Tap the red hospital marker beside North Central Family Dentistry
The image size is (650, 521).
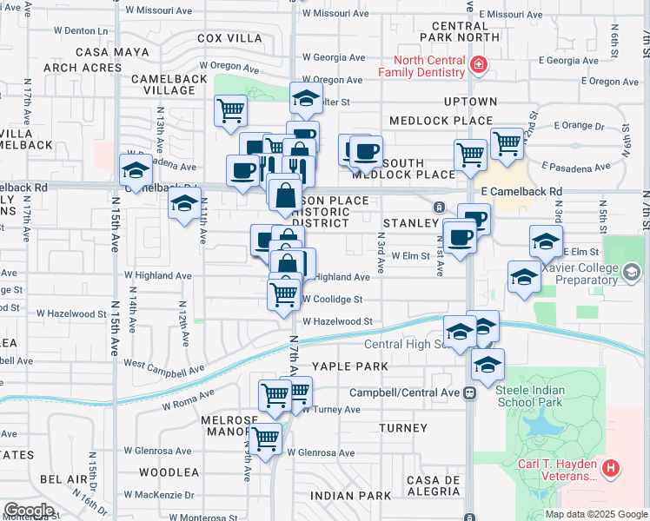click(x=477, y=65)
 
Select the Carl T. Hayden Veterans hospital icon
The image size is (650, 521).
click(x=612, y=470)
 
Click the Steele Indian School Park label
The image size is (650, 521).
click(x=541, y=396)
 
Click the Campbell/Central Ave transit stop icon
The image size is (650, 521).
click(x=470, y=392)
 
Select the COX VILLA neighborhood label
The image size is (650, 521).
click(x=229, y=38)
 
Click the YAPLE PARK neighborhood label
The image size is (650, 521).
click(x=350, y=366)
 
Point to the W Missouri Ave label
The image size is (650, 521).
click(x=335, y=14)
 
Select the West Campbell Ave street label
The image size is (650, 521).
click(x=164, y=367)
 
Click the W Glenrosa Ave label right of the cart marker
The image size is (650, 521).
click(x=321, y=452)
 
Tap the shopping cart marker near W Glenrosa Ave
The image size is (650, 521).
click(x=264, y=439)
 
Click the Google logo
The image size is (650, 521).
click(x=30, y=511)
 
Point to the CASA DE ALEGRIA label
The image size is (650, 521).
click(x=433, y=485)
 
